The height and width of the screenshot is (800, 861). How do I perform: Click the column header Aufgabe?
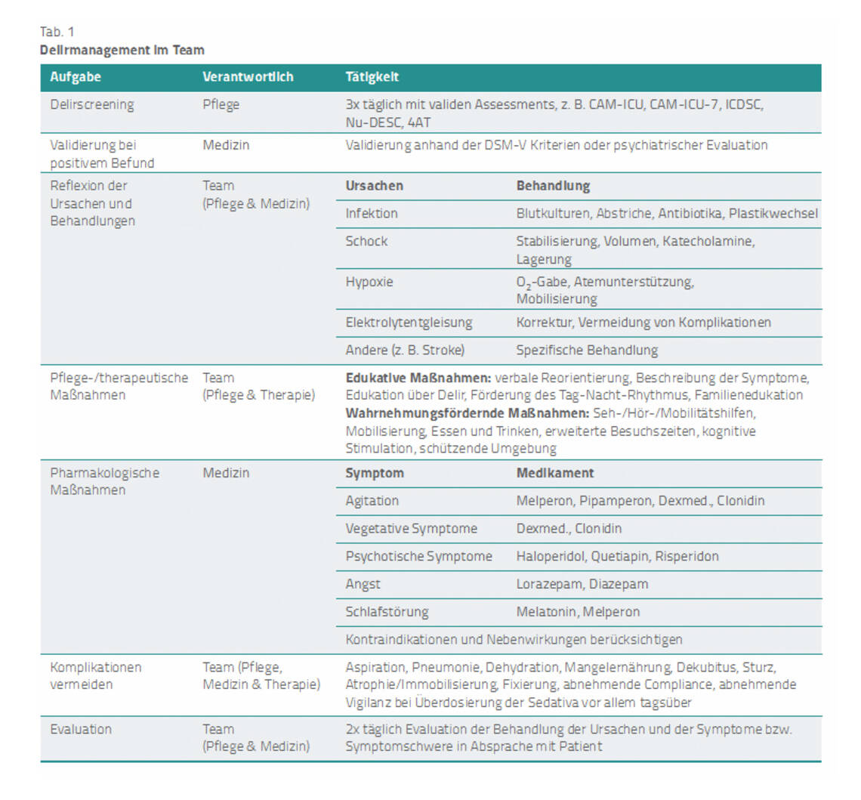pos(76,77)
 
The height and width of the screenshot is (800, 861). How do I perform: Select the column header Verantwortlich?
pos(248,77)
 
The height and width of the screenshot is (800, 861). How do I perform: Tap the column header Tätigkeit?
pos(372,77)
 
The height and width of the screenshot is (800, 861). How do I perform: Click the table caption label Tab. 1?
pos(57,32)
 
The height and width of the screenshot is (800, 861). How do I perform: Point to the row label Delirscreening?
pos(92,105)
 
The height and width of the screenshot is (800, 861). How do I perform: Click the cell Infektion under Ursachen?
pos(372,214)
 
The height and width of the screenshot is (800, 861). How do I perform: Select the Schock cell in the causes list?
pos(366,242)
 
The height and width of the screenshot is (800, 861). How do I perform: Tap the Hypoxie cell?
pos(369,282)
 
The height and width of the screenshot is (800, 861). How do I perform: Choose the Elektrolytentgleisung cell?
pos(409,323)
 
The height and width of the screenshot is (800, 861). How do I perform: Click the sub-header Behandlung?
pos(553,186)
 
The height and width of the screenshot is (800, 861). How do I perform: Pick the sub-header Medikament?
pos(555,474)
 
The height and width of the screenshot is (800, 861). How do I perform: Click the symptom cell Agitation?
pos(372,501)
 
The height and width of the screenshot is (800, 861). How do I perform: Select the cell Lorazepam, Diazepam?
pos(582,584)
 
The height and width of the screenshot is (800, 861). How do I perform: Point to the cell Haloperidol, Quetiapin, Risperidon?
pos(617,557)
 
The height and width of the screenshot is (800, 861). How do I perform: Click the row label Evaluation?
pos(81,730)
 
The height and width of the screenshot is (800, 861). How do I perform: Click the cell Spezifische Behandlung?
pos(587,351)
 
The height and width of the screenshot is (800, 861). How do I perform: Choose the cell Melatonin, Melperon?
pos(578,612)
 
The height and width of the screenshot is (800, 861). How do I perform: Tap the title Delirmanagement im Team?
pos(122,50)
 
